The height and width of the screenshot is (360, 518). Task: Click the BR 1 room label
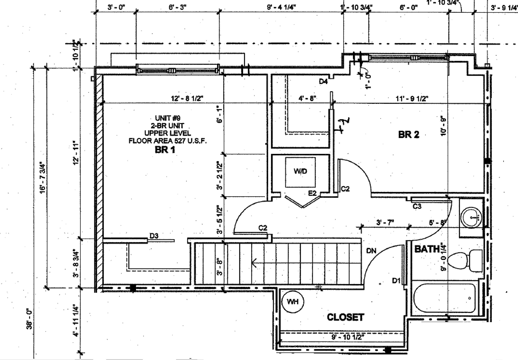click(165, 150)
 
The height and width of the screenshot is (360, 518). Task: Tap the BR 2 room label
click(409, 135)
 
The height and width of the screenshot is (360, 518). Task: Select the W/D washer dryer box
click(300, 172)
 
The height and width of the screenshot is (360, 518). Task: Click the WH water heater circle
click(293, 302)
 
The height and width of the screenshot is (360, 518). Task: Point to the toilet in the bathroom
click(465, 260)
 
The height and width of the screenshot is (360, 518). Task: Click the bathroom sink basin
click(471, 217)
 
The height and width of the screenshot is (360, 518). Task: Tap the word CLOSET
click(345, 317)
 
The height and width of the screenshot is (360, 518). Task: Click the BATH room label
click(427, 249)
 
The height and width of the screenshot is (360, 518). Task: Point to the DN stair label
click(371, 251)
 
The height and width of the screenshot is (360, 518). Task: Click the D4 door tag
click(323, 81)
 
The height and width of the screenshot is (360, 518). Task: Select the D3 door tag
click(154, 236)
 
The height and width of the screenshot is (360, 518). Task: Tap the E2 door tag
click(312, 193)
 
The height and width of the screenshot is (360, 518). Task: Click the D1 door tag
click(396, 281)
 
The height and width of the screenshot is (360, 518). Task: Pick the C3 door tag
click(417, 207)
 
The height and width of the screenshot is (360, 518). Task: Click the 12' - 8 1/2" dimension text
click(187, 99)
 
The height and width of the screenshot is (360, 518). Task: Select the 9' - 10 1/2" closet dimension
click(348, 337)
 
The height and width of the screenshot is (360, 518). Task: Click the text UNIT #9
click(168, 118)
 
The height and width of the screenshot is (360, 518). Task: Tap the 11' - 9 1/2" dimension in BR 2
click(412, 99)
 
